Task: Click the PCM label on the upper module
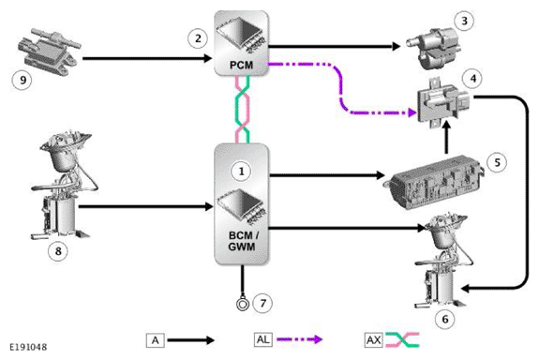(241, 65)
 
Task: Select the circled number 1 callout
(241, 171)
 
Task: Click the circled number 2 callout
(198, 38)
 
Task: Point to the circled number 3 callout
(464, 21)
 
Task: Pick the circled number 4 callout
(473, 79)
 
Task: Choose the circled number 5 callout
(497, 162)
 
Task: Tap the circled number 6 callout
(445, 320)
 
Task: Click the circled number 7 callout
(262, 303)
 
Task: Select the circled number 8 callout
(58, 251)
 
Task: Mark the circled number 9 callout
(22, 80)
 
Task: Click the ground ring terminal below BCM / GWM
(243, 304)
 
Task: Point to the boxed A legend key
(155, 340)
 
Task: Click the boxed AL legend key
(263, 339)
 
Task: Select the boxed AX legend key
(373, 340)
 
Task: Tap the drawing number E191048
(28, 347)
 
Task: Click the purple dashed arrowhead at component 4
(412, 112)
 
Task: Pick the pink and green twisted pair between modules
(242, 110)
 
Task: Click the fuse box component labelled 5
(435, 182)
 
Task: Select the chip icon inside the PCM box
(241, 37)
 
